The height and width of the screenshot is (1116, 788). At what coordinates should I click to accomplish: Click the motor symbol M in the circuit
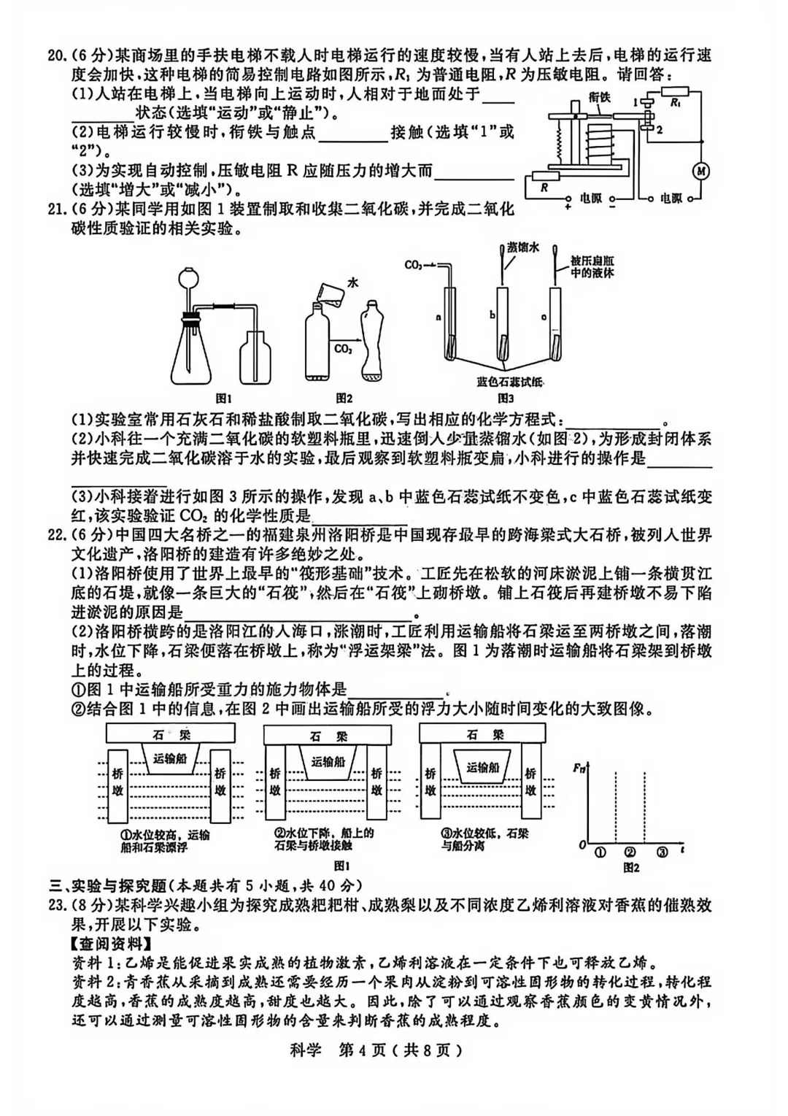click(x=701, y=171)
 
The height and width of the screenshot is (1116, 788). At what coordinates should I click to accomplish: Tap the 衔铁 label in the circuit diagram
click(x=599, y=98)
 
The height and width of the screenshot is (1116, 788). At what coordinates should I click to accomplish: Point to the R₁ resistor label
click(x=676, y=104)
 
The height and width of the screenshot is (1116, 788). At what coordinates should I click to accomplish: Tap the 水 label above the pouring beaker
click(x=353, y=282)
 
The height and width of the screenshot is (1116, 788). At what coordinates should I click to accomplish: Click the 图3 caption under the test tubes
click(x=505, y=399)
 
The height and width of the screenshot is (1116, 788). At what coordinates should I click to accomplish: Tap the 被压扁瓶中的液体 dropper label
click(x=592, y=267)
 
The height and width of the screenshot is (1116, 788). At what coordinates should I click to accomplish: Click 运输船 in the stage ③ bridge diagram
click(x=483, y=767)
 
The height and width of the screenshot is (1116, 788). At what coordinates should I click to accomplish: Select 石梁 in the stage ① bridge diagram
click(x=171, y=735)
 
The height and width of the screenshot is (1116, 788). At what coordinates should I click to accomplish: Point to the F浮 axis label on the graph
click(x=579, y=768)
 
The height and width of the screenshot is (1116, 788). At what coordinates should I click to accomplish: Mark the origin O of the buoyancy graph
click(x=582, y=844)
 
